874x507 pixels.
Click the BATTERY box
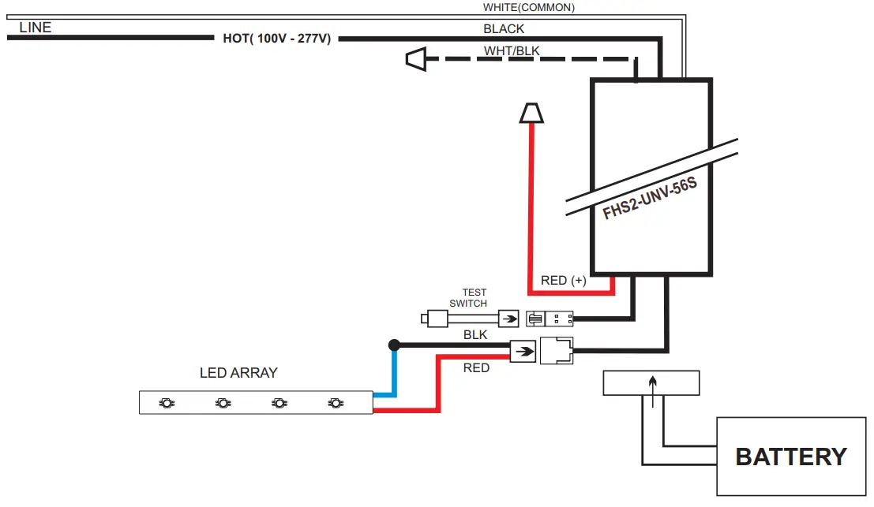pyautogui.click(x=790, y=456)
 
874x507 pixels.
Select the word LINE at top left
pyautogui.click(x=36, y=28)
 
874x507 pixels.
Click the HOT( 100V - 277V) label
pyautogui.click(x=276, y=38)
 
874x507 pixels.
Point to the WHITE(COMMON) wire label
pyautogui.click(x=529, y=8)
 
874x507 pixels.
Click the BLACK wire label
pyautogui.click(x=504, y=29)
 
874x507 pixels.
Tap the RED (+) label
pyautogui.click(x=563, y=281)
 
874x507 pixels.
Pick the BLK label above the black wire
pyautogui.click(x=475, y=335)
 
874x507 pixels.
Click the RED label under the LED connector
pyautogui.click(x=476, y=368)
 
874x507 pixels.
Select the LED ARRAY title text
pyautogui.click(x=238, y=373)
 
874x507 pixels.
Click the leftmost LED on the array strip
pyautogui.click(x=167, y=403)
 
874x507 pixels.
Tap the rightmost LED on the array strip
pyautogui.click(x=336, y=403)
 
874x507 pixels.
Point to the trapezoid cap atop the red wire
pyautogui.click(x=531, y=114)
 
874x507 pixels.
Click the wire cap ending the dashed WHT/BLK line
pyautogui.click(x=416, y=58)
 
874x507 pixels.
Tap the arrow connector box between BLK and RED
pyautogui.click(x=523, y=351)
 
